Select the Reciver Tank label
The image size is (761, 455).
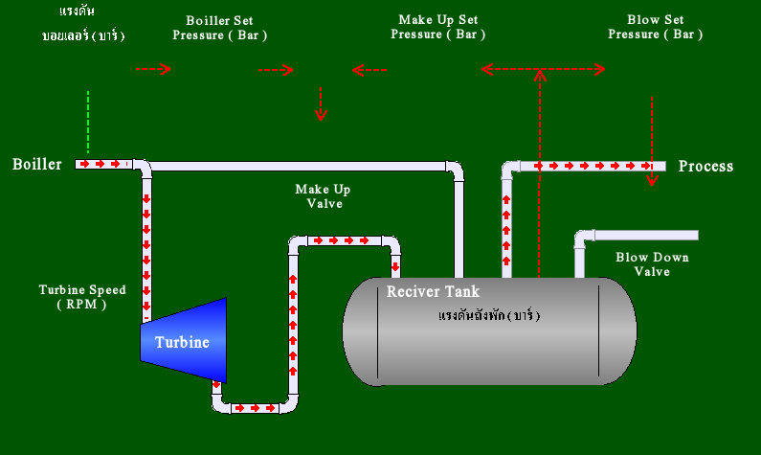[433, 291]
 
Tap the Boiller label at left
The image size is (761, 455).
[37, 165]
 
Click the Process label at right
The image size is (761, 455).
[705, 167]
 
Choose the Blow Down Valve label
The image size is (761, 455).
[652, 264]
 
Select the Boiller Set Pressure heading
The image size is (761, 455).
[219, 27]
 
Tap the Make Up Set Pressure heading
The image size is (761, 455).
[437, 27]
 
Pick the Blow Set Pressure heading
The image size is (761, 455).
[655, 27]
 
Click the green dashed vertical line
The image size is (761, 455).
[88, 122]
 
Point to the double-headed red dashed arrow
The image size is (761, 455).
[543, 69]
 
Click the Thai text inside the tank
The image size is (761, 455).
[489, 315]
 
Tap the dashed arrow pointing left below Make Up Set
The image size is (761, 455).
[369, 70]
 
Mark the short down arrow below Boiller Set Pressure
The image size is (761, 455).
[321, 103]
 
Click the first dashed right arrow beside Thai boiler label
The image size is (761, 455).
[152, 69]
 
